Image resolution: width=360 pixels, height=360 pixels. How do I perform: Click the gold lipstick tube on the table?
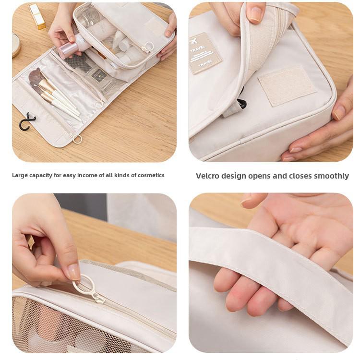pos(37,16)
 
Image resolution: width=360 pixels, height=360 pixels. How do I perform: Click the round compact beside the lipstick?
pos(16,45)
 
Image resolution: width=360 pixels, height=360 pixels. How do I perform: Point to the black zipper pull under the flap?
pos(241,103)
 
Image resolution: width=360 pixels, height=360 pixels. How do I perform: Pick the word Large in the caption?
pos(20,175)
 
